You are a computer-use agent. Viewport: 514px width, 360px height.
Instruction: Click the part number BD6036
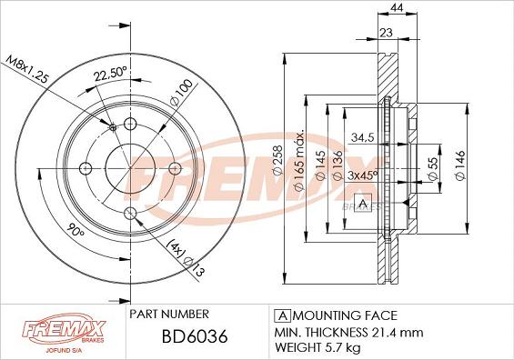[195, 336]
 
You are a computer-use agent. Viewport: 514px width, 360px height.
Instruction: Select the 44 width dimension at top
[397, 7]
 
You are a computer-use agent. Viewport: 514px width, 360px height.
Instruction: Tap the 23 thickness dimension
[386, 33]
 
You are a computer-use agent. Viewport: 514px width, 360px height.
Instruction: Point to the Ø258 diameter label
[277, 161]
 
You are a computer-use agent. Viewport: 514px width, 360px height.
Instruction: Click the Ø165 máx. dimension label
[299, 161]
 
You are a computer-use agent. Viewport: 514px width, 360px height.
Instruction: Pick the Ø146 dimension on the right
[460, 165]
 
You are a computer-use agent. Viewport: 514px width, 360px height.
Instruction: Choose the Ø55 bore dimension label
[433, 168]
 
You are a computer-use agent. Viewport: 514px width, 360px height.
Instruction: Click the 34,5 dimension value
[363, 137]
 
